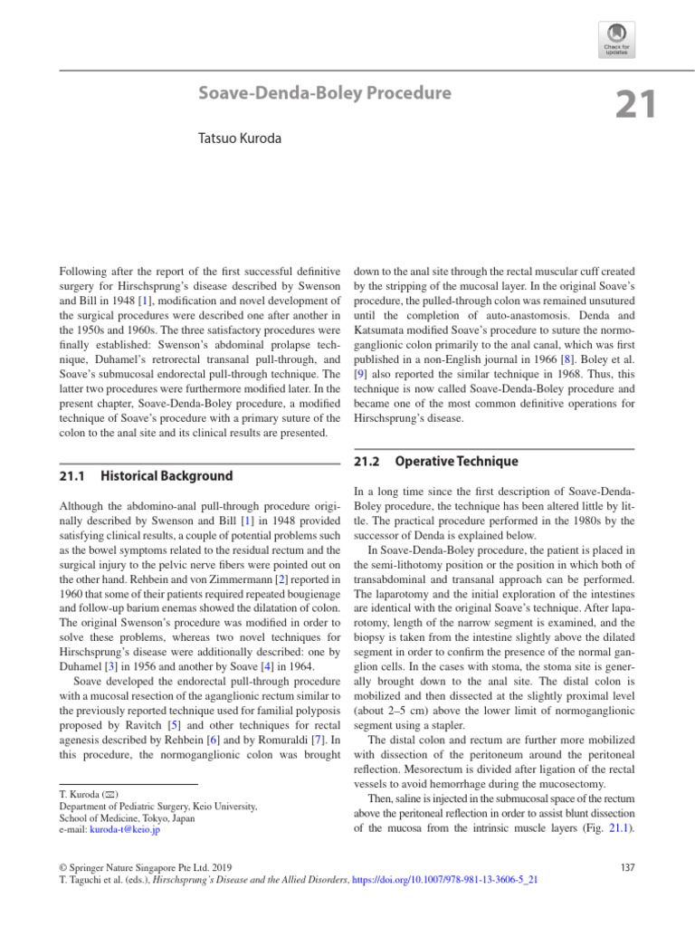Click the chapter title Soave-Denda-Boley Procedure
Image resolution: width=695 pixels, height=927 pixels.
pyautogui.click(x=325, y=93)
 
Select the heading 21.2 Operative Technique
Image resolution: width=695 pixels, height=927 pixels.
pyautogui.click(x=435, y=461)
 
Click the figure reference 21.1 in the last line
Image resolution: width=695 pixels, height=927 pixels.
pyautogui.click(x=615, y=827)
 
